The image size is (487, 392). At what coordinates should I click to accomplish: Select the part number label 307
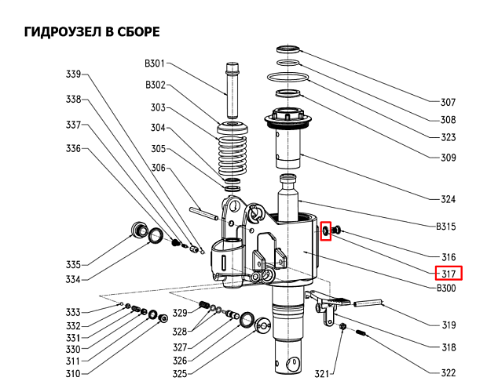[448, 102]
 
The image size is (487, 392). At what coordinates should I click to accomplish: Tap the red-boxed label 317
[449, 273]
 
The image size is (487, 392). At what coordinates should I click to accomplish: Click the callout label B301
[155, 64]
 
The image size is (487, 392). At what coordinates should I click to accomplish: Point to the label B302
[155, 85]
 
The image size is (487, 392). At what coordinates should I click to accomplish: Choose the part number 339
[73, 75]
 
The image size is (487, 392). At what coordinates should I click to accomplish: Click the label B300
[446, 289]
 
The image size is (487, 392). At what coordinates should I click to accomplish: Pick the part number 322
[449, 372]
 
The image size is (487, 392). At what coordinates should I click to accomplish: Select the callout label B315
[446, 227]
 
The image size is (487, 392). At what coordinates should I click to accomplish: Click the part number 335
[73, 264]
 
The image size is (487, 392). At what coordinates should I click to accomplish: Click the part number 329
[180, 314]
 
